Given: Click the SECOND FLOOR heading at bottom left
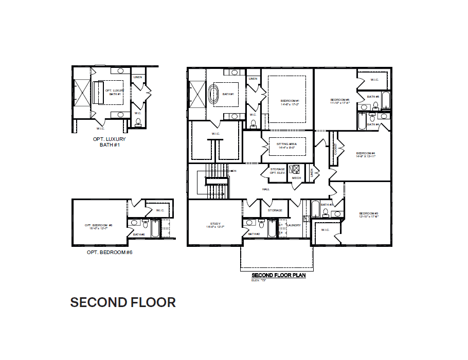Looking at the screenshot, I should click(x=123, y=302).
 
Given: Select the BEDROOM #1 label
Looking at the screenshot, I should click(x=290, y=101).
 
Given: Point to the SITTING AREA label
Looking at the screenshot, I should click(x=286, y=146).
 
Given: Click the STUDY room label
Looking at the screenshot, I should click(x=215, y=225).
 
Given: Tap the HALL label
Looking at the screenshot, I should click(x=265, y=189).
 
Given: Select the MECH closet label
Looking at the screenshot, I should click(x=296, y=178).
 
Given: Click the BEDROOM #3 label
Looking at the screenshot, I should click(x=369, y=214).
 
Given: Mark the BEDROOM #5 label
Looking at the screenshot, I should click(x=340, y=101).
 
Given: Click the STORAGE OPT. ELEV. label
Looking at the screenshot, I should click(x=277, y=171).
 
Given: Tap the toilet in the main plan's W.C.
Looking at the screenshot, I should click(x=253, y=123).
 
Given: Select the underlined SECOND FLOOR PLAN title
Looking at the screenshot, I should click(x=279, y=275).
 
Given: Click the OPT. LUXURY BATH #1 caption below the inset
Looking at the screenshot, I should click(x=109, y=142).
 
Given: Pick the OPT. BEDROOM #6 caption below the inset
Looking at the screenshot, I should click(x=110, y=253).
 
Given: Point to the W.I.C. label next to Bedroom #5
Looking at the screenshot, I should click(x=374, y=80).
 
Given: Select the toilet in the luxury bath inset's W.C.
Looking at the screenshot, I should click(x=138, y=123).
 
